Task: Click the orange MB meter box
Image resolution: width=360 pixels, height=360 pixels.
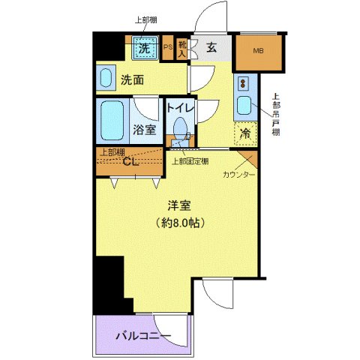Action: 259,51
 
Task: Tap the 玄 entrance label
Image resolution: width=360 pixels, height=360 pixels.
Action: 211,49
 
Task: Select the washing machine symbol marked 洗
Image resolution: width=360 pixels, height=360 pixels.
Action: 145,49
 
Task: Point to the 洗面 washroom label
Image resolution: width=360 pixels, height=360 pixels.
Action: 133,80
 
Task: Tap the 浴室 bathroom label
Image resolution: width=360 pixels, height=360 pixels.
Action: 145,130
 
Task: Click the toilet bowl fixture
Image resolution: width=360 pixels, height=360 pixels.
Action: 180,128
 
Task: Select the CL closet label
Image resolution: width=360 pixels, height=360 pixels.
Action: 130,162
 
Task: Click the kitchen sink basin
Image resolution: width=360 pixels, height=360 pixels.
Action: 244,106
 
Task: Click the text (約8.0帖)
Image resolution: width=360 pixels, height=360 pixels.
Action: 178,223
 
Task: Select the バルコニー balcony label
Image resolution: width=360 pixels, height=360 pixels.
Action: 144,334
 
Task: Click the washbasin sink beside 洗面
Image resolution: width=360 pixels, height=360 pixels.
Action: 106,78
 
